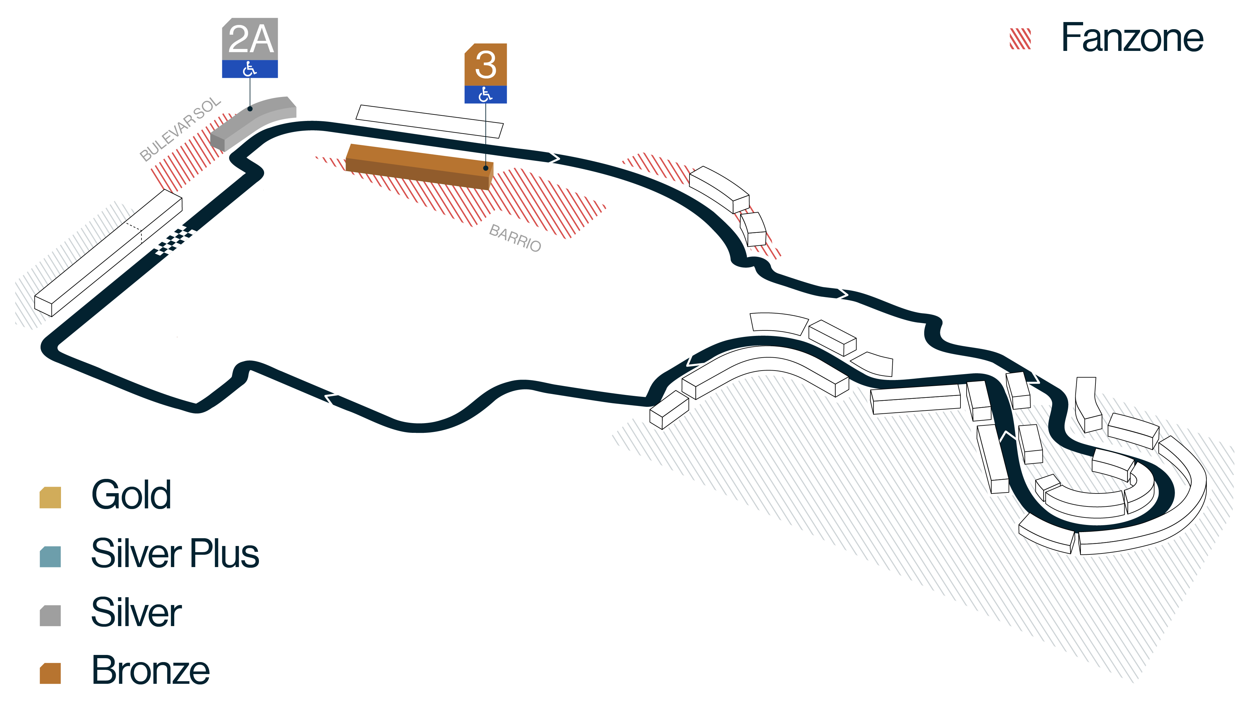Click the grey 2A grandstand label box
[x=250, y=39]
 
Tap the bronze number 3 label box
[x=485, y=65]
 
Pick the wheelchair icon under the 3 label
[x=485, y=94]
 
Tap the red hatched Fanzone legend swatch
[x=1020, y=39]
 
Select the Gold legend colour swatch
[x=50, y=497]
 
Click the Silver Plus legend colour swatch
[x=50, y=556]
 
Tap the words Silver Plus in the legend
[x=175, y=553]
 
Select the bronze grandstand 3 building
[x=420, y=166]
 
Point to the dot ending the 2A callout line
[x=250, y=109]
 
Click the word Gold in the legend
[x=131, y=494]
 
